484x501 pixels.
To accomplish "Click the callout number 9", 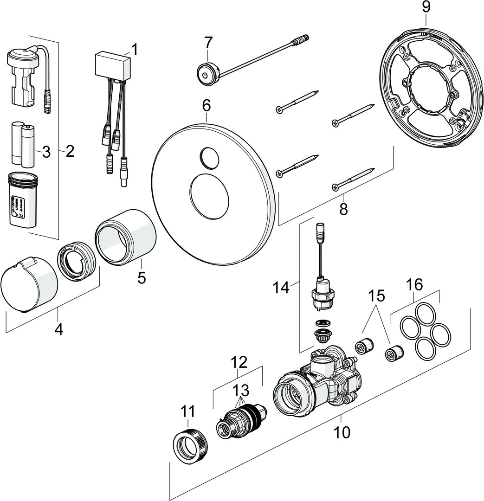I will click(426, 7).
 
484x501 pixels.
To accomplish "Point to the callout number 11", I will click(188, 411).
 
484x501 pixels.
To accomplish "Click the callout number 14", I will click(281, 288).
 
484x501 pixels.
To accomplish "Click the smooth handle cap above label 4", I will click(29, 283).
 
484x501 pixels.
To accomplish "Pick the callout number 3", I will click(46, 152).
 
